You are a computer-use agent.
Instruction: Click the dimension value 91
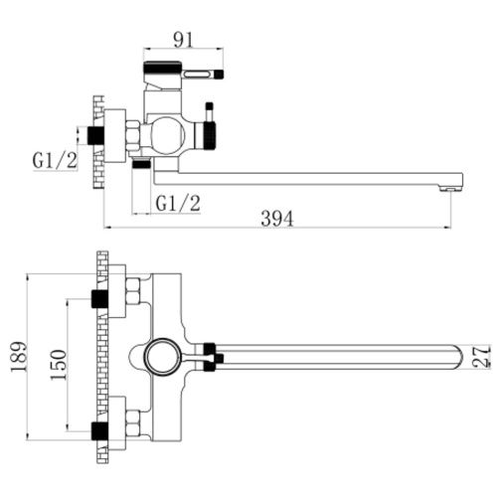183,41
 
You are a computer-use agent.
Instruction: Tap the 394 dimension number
277,219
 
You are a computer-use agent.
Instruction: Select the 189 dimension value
19,357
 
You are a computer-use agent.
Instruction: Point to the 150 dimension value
59,365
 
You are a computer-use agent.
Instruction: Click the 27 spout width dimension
482,357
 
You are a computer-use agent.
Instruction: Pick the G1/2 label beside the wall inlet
55,160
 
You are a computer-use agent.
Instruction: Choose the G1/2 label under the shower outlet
178,203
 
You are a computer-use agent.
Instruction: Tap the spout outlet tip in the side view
450,189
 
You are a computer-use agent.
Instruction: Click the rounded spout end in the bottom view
458,357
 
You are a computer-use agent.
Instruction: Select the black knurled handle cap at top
162,67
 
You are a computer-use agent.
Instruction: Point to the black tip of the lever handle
220,74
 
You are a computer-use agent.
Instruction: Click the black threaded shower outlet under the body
141,163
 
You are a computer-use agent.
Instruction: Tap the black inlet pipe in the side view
95,135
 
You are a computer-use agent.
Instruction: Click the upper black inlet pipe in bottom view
99,298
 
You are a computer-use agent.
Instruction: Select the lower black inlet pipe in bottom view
99,430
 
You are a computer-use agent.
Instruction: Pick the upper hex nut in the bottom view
133,291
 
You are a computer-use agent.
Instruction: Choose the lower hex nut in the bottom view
133,423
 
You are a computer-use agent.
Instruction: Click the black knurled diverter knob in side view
210,135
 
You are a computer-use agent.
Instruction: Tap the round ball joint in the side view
167,135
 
